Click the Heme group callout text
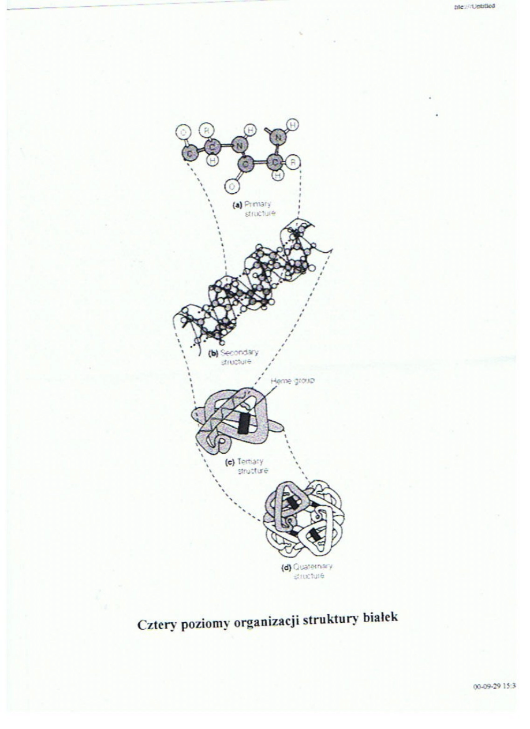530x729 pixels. [295, 382]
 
